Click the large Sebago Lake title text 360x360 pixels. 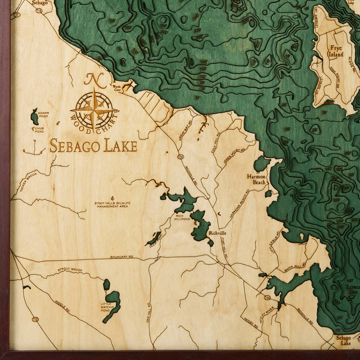click(x=93, y=146)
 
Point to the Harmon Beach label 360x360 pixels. click(x=256, y=179)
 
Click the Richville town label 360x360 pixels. click(x=218, y=233)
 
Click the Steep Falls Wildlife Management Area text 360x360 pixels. click(x=112, y=205)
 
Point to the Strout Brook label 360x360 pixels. click(x=70, y=270)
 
